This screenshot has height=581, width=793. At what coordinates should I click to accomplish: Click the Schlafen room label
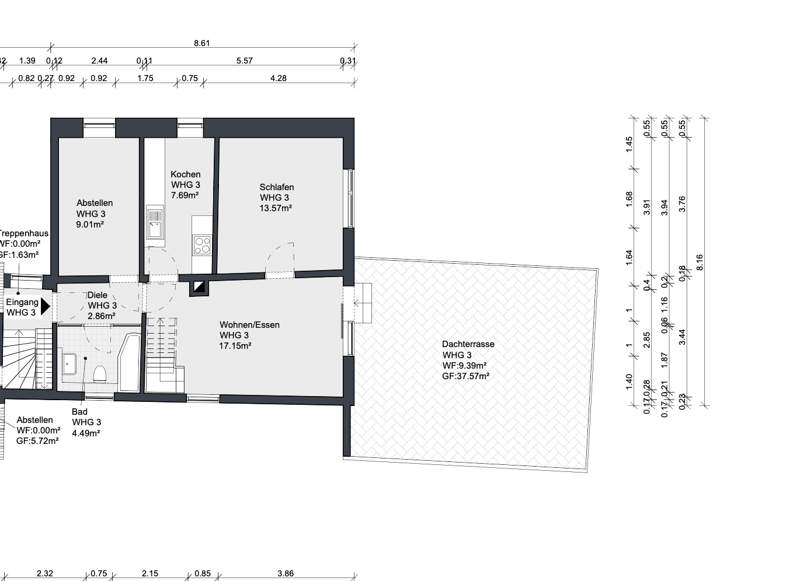coord(276,187)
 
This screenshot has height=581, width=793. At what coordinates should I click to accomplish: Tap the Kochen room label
coord(185,174)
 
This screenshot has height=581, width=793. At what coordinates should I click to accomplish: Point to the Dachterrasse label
coord(468,344)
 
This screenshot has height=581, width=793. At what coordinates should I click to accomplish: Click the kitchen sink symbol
coord(155,223)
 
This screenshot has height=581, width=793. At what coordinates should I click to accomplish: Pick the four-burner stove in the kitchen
coord(202,244)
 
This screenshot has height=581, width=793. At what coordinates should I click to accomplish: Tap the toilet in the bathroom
coord(100,373)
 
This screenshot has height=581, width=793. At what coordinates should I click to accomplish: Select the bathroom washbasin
coord(69,364)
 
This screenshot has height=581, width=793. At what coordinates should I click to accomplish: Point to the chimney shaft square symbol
coord(199,287)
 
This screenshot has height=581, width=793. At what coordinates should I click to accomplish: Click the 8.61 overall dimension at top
coord(201,43)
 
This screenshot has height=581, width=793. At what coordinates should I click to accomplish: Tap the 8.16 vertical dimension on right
coord(700,262)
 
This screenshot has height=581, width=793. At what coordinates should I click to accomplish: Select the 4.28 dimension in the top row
coord(279,78)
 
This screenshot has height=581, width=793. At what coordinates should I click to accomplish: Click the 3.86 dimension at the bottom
coord(286,573)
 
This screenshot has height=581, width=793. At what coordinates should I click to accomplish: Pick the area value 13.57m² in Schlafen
coord(276,208)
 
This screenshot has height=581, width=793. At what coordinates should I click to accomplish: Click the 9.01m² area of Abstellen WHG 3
coord(90,224)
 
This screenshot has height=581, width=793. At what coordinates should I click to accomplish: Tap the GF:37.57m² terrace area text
coord(465,376)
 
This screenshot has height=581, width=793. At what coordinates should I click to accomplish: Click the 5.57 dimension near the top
coord(244,61)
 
